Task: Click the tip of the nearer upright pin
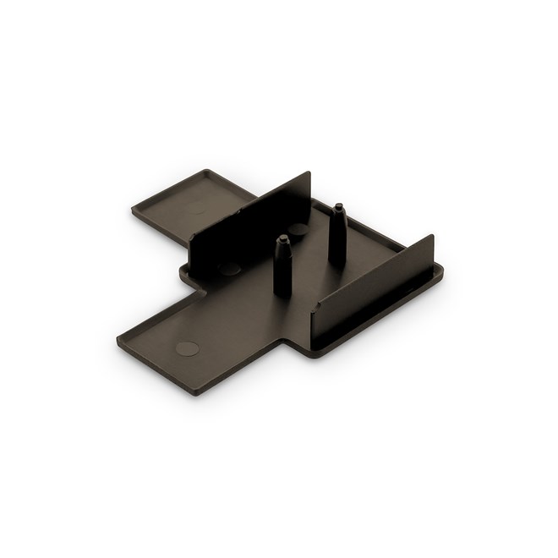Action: pyautogui.click(x=284, y=238)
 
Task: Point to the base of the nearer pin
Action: pyautogui.click(x=282, y=292)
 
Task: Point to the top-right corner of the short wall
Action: pyautogui.click(x=433, y=235)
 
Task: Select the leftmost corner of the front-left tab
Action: pyautogui.click(x=118, y=334)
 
